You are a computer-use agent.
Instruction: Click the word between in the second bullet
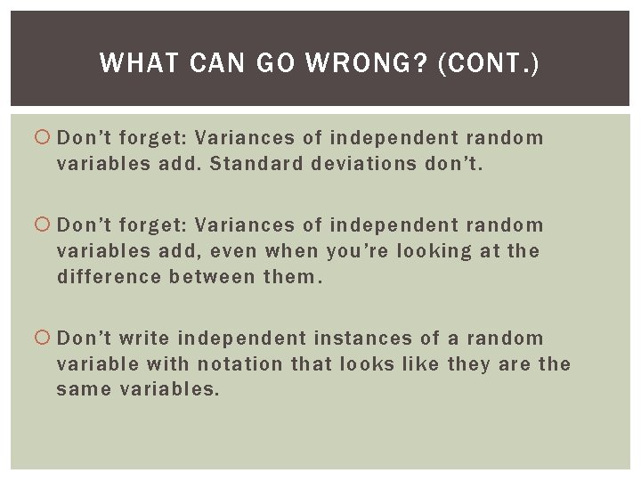tap(210, 276)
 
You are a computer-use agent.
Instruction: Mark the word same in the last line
tap(82, 388)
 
